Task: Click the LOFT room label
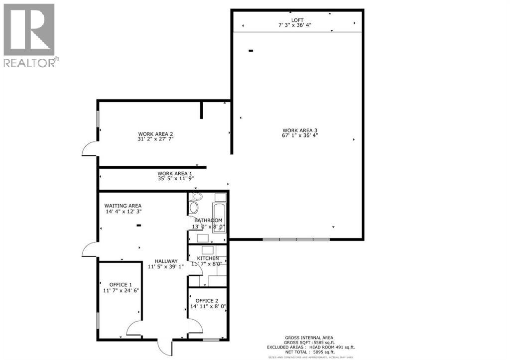click(297, 20)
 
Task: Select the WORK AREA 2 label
click(155, 133)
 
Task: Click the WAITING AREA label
click(123, 205)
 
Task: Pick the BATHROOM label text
click(208, 220)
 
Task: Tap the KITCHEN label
click(208, 258)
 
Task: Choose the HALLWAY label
click(166, 261)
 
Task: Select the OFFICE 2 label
click(207, 300)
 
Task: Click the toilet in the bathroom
click(194, 206)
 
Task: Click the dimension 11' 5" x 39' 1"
click(166, 266)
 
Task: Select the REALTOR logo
click(30, 35)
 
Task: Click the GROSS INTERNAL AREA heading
click(309, 337)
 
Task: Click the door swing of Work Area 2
click(90, 148)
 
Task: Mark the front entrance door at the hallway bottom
click(164, 347)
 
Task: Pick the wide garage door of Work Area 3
click(296, 240)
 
